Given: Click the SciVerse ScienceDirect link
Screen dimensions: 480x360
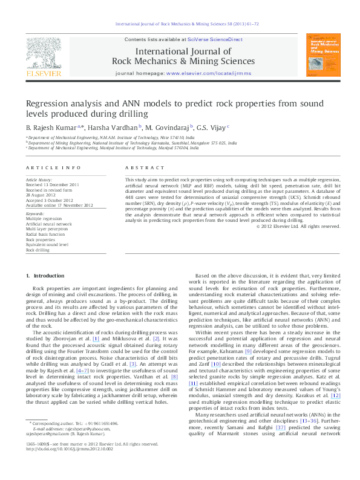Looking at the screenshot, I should point(215,39).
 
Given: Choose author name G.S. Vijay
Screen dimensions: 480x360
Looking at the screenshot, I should point(211,128).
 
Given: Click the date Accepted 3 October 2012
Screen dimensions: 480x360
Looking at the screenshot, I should point(49,200).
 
